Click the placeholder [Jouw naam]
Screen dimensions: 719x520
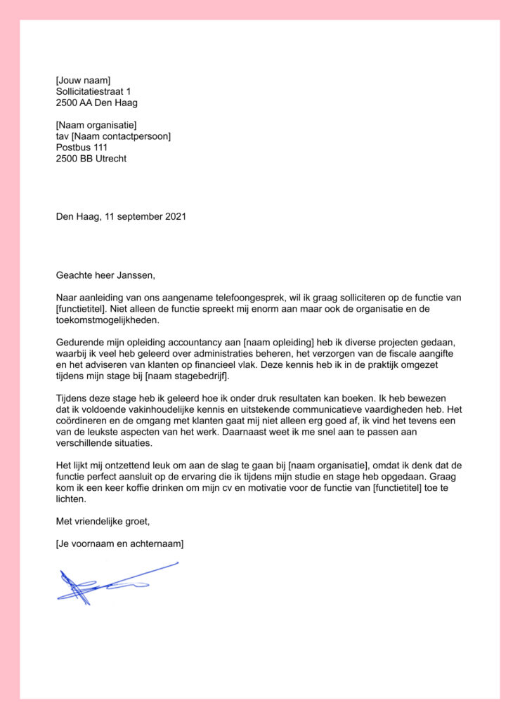click(x=83, y=80)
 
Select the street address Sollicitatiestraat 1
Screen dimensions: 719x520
click(x=93, y=91)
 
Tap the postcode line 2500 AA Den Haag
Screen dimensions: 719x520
click(x=96, y=103)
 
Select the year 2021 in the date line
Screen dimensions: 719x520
click(x=176, y=217)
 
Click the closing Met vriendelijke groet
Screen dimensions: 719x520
click(x=103, y=521)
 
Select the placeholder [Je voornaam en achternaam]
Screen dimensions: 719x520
click(x=119, y=544)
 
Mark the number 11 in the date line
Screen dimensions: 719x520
click(x=110, y=217)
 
